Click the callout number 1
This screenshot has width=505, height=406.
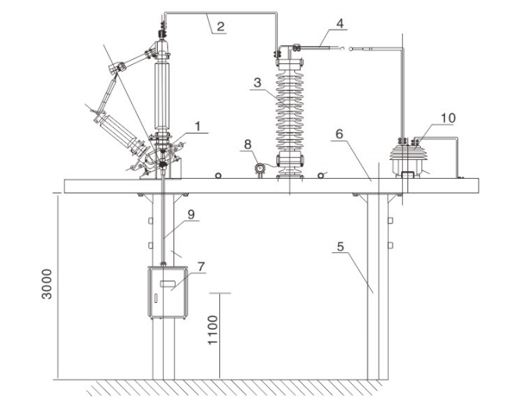[x=200, y=126]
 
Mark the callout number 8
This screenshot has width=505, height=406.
[x=247, y=144]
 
